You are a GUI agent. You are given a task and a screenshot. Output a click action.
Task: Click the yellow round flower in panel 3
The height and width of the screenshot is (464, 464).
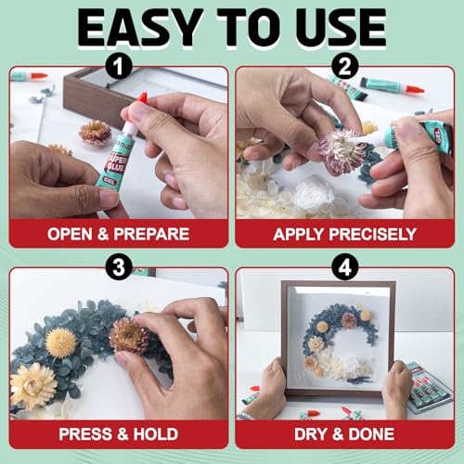click(x=61, y=342)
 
